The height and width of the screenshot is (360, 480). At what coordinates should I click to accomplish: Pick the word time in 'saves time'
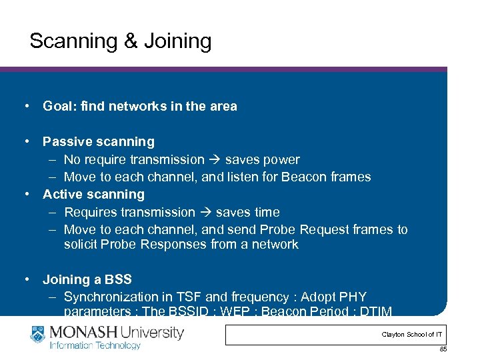[x=266, y=212]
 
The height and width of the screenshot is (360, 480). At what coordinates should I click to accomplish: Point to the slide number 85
[x=443, y=349]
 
